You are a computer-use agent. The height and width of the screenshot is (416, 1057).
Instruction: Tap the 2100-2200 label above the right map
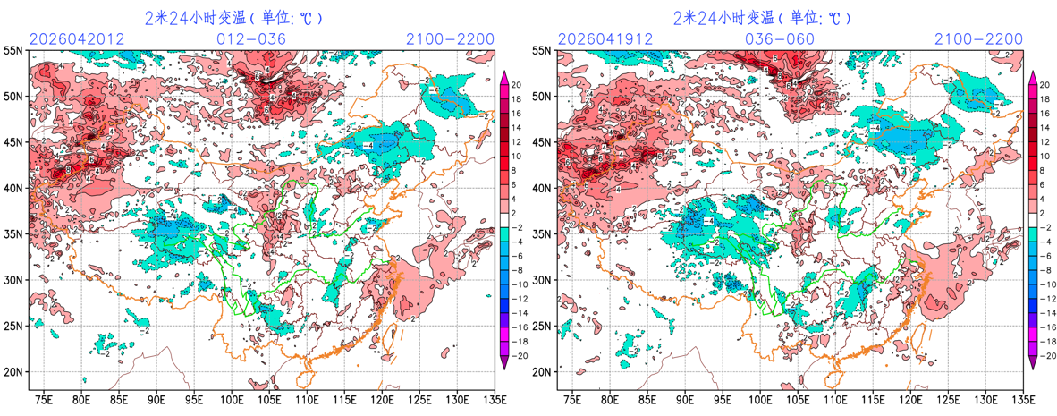(978, 39)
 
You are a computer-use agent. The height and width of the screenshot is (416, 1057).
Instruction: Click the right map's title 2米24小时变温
(725, 17)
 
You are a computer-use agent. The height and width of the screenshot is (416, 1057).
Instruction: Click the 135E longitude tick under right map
(1023, 399)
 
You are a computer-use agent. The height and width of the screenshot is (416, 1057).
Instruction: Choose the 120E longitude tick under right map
(910, 399)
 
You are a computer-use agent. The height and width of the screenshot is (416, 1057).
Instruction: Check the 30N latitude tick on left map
(13, 280)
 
